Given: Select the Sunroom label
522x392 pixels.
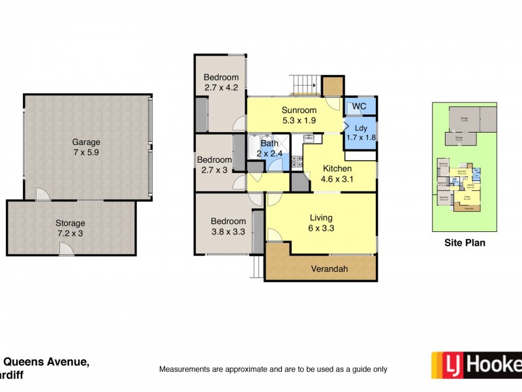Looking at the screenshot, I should [299, 110].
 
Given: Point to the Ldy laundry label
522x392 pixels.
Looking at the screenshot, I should [360, 127].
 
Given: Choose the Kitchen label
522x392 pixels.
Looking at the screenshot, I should [337, 168].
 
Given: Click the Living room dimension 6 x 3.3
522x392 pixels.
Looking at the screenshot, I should [321, 228].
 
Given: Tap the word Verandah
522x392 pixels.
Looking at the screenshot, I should [320, 269].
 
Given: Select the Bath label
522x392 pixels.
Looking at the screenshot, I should [269, 144].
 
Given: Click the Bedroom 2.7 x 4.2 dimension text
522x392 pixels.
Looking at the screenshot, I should [221, 88].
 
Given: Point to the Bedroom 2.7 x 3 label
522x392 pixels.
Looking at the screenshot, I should [215, 160].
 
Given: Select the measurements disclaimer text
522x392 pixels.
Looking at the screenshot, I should [273, 369].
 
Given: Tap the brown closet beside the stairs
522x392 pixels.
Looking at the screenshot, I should [333, 86].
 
